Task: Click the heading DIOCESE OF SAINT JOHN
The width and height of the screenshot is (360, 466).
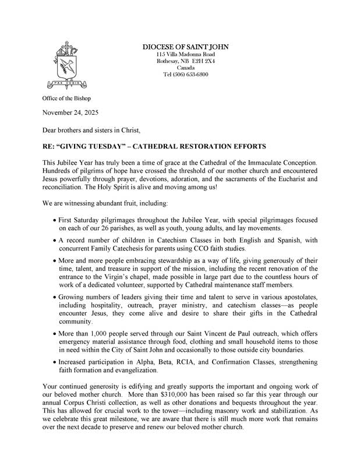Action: point(185,47)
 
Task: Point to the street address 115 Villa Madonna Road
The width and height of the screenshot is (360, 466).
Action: point(185,54)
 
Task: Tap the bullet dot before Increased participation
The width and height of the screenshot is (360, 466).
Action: point(54,362)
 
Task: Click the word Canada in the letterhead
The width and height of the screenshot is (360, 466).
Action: point(185,68)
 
